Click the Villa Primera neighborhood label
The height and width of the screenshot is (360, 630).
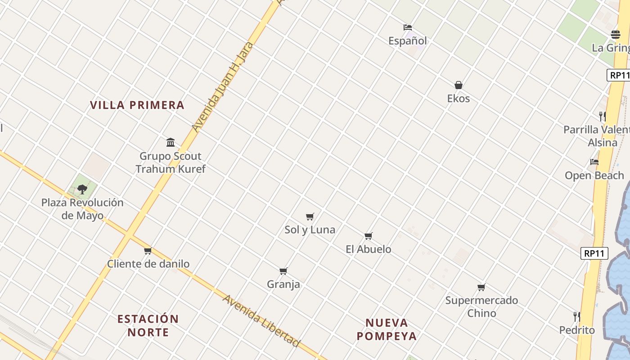pos(137,105)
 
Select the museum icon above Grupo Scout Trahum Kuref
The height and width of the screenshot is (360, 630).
pos(171,143)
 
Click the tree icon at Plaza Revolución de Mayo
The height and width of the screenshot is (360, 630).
pos(82,189)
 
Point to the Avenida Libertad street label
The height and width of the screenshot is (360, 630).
pos(261,321)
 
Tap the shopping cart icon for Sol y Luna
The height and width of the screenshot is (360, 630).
pos(310,217)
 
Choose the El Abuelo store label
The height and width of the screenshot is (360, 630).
pos(368,249)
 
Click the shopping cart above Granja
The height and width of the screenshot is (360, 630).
pos(283,271)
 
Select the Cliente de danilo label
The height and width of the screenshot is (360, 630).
pos(148,264)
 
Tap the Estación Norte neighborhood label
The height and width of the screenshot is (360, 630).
pos(148,325)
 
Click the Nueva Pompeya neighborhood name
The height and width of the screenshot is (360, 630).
pos(387,329)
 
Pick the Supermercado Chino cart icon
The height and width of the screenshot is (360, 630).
pos(481,287)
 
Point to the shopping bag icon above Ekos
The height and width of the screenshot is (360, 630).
pos(459,85)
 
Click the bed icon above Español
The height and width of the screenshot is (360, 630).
pos(408,27)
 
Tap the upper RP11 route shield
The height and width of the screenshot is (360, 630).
pos(619,75)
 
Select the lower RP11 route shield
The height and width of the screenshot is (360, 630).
pos(594,253)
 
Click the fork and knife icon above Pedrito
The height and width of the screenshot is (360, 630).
pos(576,316)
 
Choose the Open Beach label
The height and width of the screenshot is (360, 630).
pos(594,175)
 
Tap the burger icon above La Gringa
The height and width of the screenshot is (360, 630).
pos(616,35)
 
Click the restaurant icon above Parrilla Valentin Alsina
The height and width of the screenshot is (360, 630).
pos(603,117)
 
